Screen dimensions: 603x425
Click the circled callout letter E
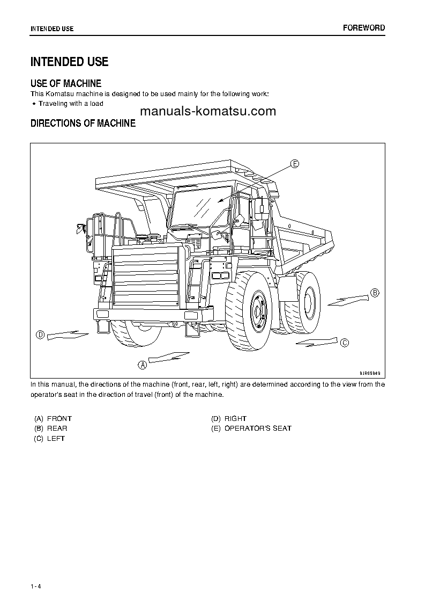[295, 164]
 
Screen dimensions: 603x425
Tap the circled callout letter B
[375, 293]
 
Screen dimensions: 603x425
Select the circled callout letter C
[345, 343]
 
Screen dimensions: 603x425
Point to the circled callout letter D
[40, 335]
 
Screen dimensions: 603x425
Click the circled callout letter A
[143, 365]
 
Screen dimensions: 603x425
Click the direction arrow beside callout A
[169, 357]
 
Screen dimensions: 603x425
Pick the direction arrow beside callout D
[67, 336]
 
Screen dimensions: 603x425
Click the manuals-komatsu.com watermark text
[208, 111]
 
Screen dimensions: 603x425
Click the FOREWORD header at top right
[364, 28]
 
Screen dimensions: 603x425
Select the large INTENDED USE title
[69, 62]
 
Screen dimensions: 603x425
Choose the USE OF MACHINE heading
[66, 83]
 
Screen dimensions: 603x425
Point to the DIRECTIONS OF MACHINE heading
[83, 123]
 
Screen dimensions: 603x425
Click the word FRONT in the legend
[59, 418]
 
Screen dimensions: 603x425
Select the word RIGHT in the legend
[235, 418]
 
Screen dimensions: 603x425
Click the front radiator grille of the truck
[145, 282]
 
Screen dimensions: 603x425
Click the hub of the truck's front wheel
[259, 311]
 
